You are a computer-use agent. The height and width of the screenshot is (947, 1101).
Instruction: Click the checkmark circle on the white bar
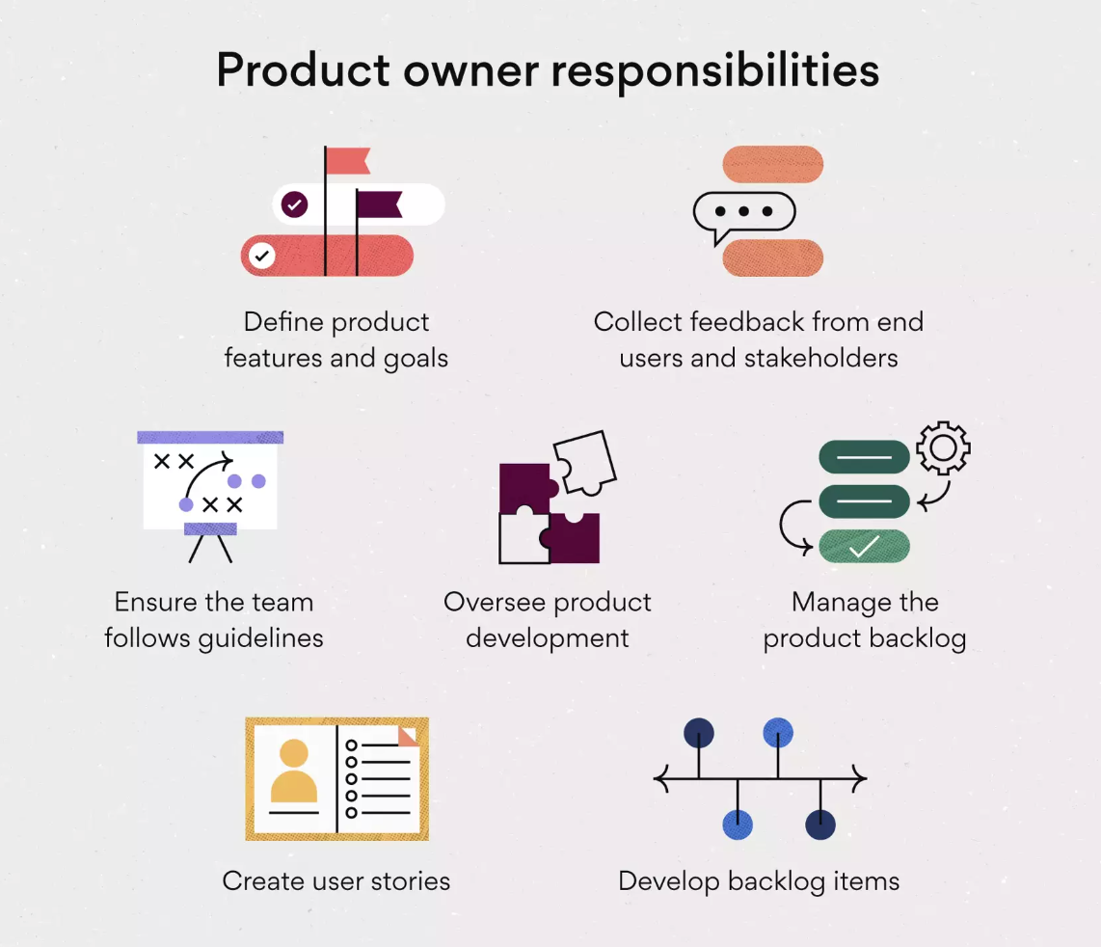294,204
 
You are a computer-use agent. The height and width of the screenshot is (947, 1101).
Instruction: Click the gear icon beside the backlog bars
942,447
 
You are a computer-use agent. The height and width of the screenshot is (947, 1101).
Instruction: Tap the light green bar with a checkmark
864,546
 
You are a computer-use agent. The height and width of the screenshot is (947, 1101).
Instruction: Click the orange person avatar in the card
294,771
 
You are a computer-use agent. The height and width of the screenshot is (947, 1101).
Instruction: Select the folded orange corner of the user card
409,735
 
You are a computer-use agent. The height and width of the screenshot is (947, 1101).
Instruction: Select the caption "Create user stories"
336,881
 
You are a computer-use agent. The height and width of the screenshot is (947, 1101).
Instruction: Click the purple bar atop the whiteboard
210,437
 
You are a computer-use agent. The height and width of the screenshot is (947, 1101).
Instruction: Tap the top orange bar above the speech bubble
772,164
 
